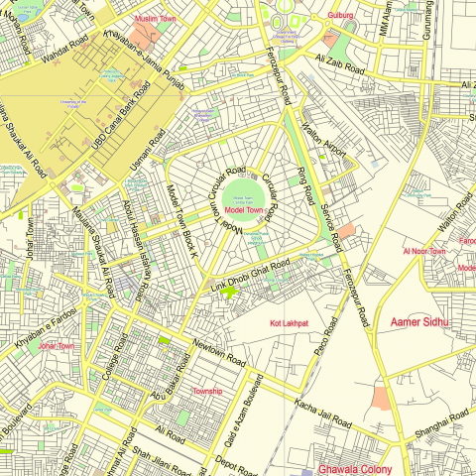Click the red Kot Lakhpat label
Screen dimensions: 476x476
pyautogui.click(x=290, y=323)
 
